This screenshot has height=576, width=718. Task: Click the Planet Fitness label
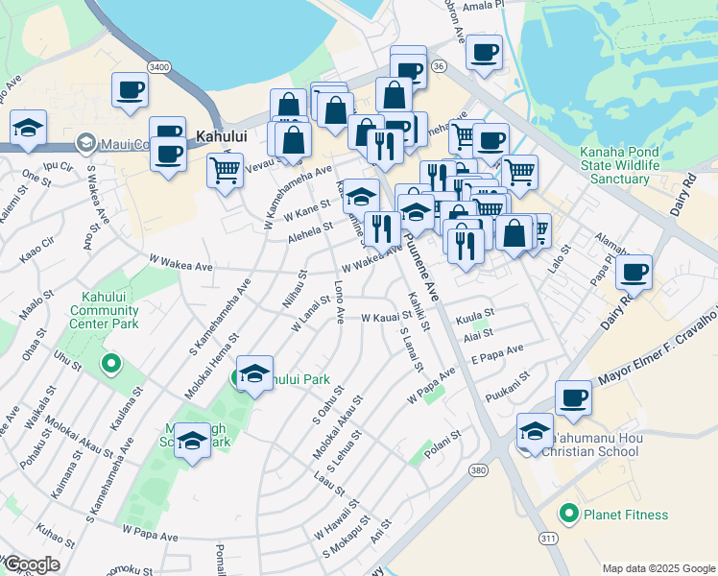pos(616,514)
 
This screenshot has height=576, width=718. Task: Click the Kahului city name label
pos(221,137)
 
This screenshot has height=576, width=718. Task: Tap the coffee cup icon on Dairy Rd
pos(634,273)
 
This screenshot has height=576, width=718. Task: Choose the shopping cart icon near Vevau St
pos(225,172)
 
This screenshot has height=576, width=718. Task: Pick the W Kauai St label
pos(386,316)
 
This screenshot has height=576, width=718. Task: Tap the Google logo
pos(32,564)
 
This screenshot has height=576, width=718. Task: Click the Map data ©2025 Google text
pos(658,568)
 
